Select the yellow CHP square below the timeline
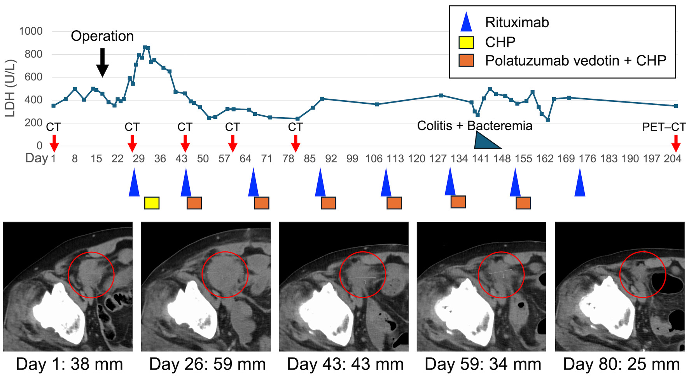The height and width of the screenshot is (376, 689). pos(152,203)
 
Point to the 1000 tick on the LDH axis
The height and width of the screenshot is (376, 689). pos(31,31)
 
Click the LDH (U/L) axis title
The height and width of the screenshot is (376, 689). pos(10,89)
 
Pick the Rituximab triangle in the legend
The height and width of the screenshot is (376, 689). pos(466,22)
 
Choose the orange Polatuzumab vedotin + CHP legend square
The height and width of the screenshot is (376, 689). pos(466,60)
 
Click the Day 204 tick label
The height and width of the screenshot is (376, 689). pos(672,158)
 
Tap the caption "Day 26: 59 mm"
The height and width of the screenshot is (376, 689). pos(207,364)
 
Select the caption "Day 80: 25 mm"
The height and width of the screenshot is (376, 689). pos(621,364)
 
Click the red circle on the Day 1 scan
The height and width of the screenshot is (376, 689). pos(91,275)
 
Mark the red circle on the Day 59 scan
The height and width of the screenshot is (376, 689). pos(501,275)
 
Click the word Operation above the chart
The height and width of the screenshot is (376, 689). pos(102,36)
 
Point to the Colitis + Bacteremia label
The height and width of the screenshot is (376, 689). pos(474,126)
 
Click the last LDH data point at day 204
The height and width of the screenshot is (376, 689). pos(676,106)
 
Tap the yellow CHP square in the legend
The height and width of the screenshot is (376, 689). pos(466,42)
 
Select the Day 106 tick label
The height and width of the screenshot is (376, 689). pos(374,158)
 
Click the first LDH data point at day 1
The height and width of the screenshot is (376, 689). pos(54,106)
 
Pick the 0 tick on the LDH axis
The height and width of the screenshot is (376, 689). pos(39,146)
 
